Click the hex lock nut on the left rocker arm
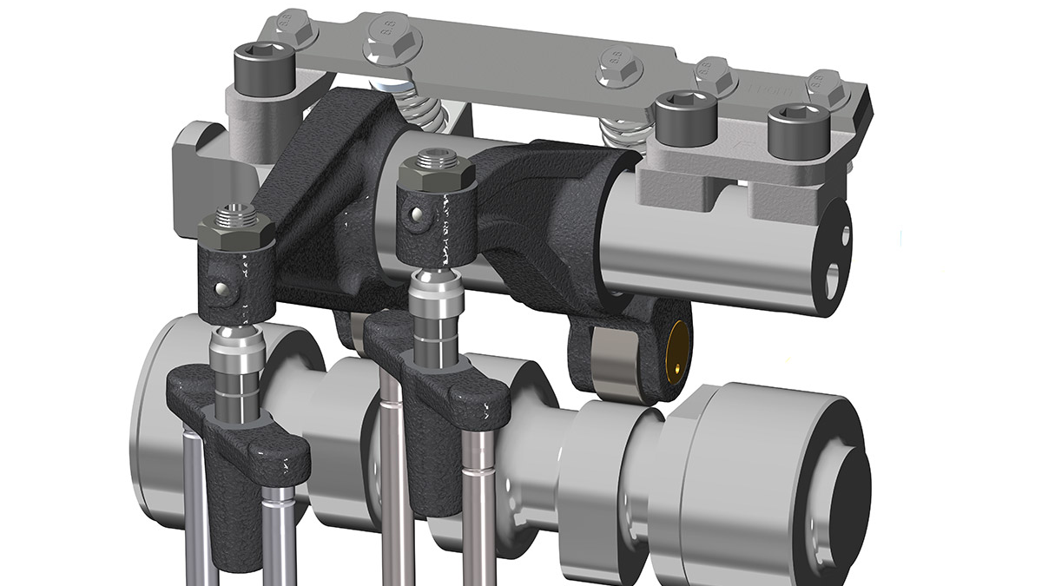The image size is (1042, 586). coord(236,231)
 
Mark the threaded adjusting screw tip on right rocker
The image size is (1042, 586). coord(432,158)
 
